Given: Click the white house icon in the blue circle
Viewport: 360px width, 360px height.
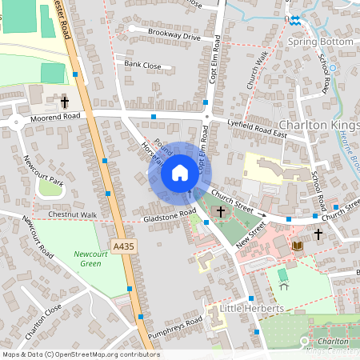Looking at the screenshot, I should click(x=179, y=172).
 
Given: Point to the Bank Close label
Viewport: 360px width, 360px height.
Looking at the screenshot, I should click(x=142, y=65).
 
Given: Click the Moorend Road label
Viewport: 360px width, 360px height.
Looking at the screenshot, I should click(x=58, y=118).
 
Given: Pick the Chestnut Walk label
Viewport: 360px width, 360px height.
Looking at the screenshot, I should click(x=73, y=215).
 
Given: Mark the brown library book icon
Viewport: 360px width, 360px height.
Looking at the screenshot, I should click(x=298, y=245).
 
